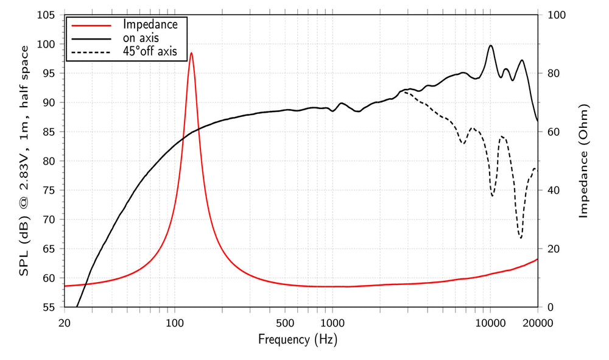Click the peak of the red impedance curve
191,53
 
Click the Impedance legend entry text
150,24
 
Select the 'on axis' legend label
141,38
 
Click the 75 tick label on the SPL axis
49,191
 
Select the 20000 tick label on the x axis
537,322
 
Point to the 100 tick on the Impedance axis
557,15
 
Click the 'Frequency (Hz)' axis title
298,339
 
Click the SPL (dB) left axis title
24,161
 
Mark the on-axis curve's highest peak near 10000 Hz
490,46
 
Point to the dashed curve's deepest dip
521,238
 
